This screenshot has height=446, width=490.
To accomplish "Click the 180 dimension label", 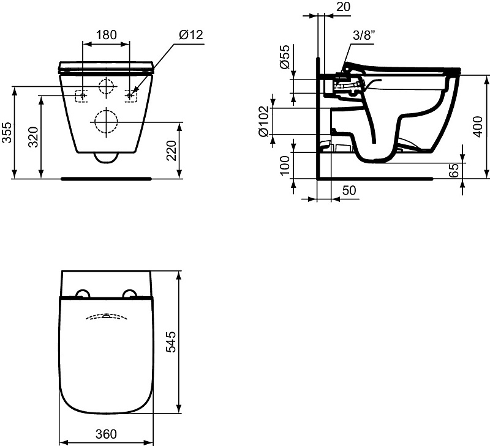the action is pos(106,35).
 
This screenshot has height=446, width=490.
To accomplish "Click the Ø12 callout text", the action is pos(191,35).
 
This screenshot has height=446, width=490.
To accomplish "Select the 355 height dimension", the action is pos(7,133).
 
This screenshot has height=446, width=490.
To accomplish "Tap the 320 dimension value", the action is pos(33,136).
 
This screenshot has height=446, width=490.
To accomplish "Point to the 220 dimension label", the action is pos(171,151).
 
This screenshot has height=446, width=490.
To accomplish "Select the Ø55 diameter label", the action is pos(285,57).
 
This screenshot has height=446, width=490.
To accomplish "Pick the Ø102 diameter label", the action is pos(263,121).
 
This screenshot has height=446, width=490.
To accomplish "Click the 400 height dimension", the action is pos(478,127).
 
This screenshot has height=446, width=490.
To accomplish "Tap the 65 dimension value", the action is pos(454,170).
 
